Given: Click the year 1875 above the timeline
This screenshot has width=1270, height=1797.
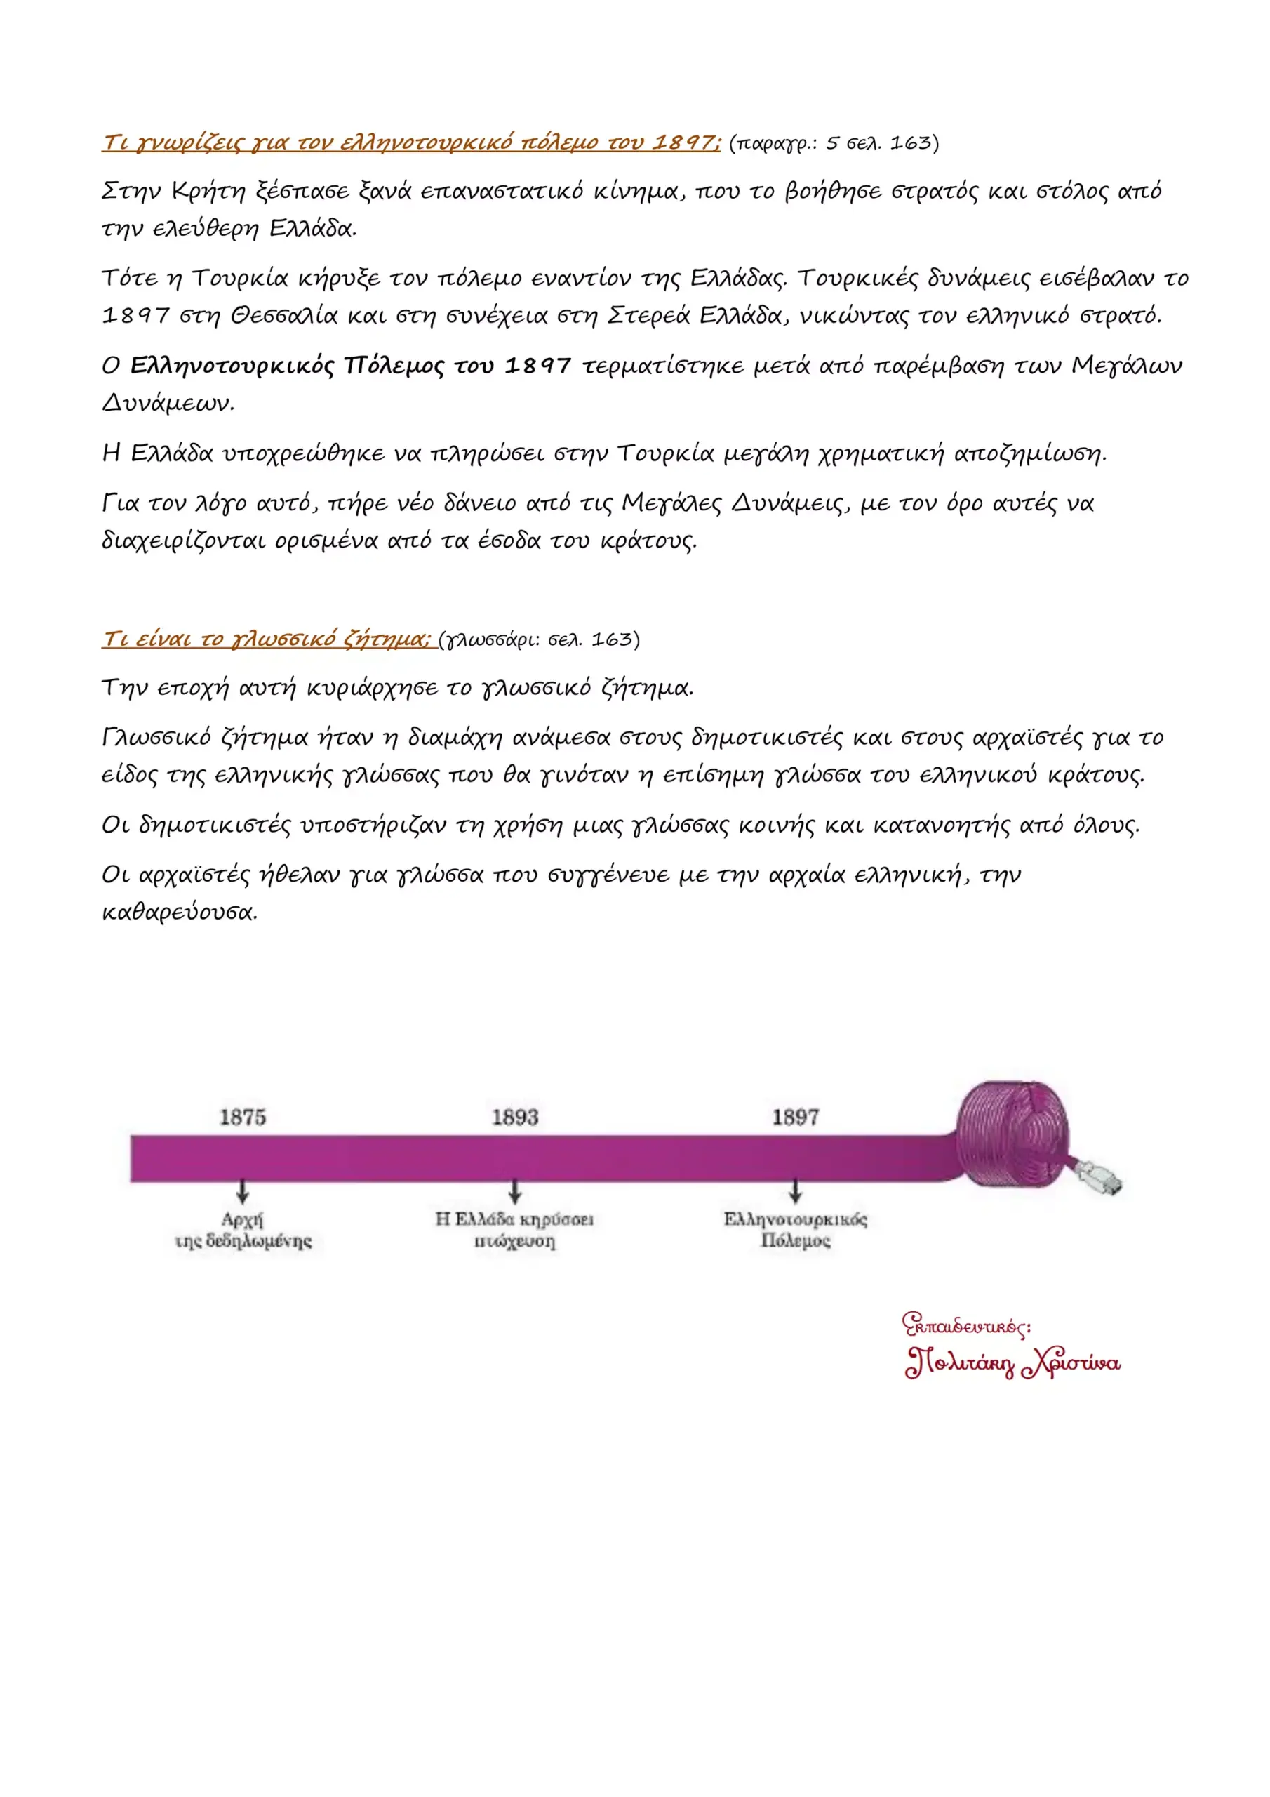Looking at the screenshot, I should tap(243, 1116).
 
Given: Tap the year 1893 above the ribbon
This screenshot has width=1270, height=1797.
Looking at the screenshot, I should tap(515, 1116).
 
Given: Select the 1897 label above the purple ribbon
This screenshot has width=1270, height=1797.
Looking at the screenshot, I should tap(795, 1116).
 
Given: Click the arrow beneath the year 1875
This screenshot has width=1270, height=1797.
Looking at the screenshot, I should tap(243, 1191).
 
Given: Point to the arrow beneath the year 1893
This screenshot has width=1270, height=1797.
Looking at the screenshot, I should tap(515, 1191).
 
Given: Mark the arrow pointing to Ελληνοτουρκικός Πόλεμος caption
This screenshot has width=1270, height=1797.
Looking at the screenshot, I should tap(795, 1191).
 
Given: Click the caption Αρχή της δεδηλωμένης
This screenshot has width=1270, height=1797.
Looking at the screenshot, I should tap(243, 1230).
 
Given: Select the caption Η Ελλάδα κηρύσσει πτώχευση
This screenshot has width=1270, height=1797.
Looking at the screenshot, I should tap(515, 1230).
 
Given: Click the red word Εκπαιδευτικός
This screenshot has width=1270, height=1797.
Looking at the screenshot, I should tap(965, 1325).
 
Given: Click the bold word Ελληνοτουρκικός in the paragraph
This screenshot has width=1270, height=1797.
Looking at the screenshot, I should tap(232, 366).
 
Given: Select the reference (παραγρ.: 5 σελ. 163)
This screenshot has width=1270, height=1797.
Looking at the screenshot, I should tap(834, 143).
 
